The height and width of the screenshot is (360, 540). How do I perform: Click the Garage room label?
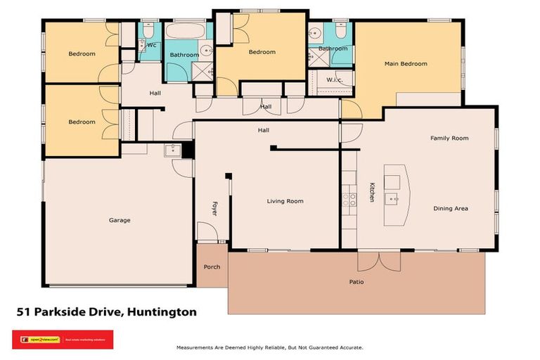(x=120, y=220)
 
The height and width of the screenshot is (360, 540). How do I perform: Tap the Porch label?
(x=212, y=267)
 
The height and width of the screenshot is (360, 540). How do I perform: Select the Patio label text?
(x=357, y=282)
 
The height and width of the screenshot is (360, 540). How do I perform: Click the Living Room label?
(x=285, y=201)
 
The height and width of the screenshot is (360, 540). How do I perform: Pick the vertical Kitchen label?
(x=372, y=193)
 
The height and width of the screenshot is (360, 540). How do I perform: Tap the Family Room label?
(x=449, y=139)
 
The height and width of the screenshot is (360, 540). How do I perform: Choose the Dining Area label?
(x=451, y=208)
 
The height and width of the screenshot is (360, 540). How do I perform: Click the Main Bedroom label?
(x=405, y=64)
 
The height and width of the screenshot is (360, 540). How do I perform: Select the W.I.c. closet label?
(x=334, y=79)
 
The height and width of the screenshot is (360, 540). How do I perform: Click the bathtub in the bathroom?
(x=187, y=32)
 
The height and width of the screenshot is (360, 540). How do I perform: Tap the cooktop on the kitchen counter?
(x=347, y=199)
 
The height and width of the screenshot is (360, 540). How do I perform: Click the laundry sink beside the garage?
(x=171, y=149)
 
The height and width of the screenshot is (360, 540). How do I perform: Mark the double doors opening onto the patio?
(x=378, y=260)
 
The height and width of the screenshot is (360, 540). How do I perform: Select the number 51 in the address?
(x=24, y=312)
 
